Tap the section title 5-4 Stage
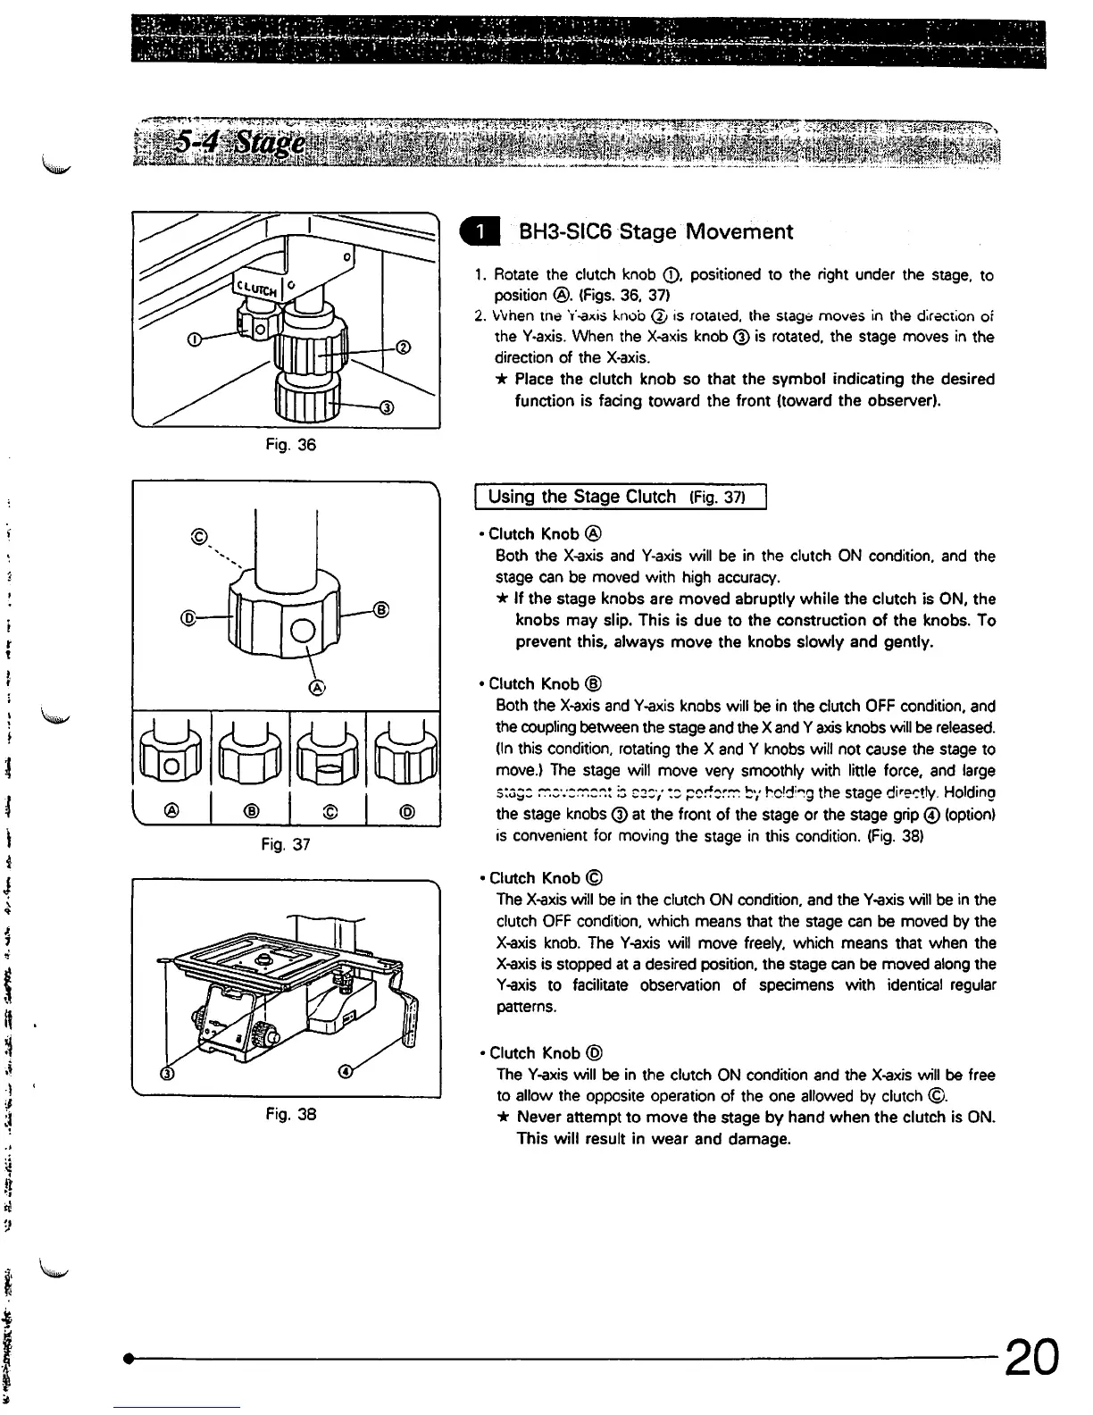(x=239, y=142)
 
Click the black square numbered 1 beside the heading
(x=483, y=232)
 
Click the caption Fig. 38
(x=291, y=1114)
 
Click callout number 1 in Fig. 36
(x=194, y=339)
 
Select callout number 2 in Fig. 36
(x=402, y=347)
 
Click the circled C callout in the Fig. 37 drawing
(x=200, y=538)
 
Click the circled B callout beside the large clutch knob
(x=381, y=611)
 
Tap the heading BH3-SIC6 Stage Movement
(x=655, y=232)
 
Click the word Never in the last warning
(x=540, y=1118)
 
